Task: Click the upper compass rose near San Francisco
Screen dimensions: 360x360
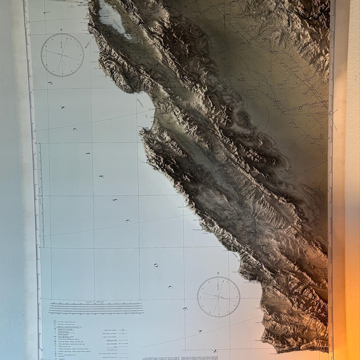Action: point(62,55)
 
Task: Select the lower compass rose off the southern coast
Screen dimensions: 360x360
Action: point(218,296)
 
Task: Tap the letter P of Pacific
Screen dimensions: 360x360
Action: point(49,83)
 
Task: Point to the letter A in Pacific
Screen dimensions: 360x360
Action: point(62,107)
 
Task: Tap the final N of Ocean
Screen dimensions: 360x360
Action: point(214,350)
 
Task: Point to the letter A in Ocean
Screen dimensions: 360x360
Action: point(199,331)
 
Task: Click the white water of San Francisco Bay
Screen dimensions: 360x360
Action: point(112,17)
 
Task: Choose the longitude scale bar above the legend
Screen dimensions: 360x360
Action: point(96,308)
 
